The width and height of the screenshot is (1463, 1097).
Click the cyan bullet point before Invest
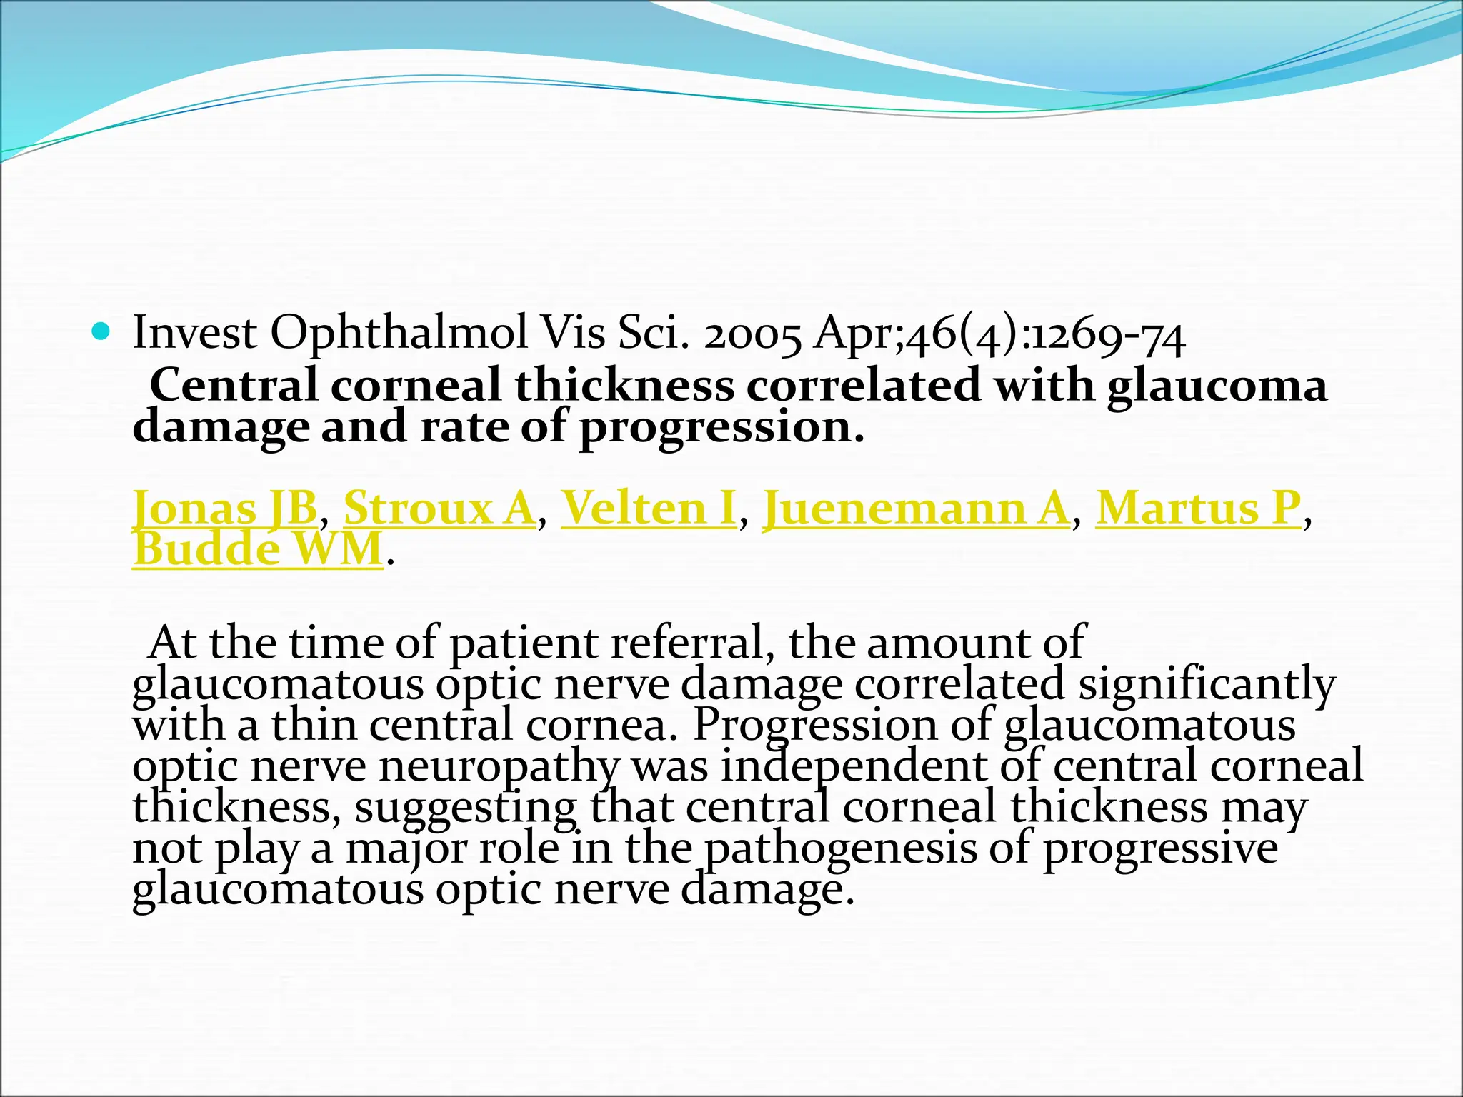(x=103, y=331)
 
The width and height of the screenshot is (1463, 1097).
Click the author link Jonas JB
(x=224, y=509)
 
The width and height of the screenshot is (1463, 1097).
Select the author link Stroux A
(x=439, y=509)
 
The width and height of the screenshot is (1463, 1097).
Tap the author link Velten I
(x=649, y=509)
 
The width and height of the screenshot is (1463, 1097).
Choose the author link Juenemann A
(x=917, y=509)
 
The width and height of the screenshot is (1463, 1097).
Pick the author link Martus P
(x=1199, y=509)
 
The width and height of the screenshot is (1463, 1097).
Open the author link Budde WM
(x=258, y=550)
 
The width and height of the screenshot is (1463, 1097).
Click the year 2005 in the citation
(x=752, y=334)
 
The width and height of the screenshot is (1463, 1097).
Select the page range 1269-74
(x=1109, y=334)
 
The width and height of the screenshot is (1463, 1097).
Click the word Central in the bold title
(x=234, y=386)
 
